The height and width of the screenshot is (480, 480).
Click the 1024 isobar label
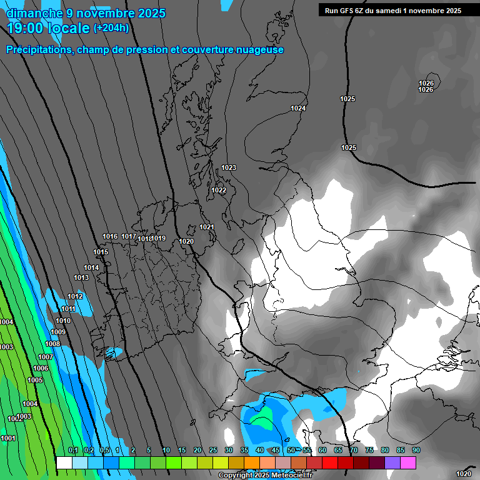298,109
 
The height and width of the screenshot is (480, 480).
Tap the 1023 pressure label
229,167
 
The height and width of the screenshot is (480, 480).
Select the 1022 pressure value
219,191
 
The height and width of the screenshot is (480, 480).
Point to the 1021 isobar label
207,227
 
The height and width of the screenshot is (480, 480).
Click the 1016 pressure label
110,236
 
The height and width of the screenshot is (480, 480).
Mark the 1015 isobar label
101,252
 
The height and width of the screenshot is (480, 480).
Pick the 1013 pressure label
81,278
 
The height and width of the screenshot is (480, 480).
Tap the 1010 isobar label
63,321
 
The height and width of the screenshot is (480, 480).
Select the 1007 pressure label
46,357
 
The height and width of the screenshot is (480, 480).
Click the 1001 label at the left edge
8,439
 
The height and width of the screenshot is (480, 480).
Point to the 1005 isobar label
35,381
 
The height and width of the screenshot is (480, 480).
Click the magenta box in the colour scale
409,462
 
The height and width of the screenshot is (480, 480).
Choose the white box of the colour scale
64,462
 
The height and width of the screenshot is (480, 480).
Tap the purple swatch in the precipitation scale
393,462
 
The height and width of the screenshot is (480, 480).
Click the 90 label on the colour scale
416,451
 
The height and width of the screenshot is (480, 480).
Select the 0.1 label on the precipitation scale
72,451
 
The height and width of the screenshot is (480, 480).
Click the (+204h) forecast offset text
111,27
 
